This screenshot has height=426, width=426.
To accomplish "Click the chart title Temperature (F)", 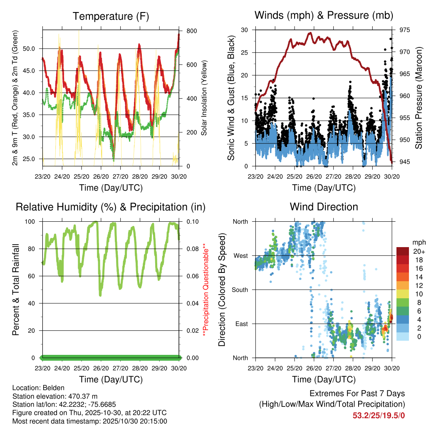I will coord(111,17).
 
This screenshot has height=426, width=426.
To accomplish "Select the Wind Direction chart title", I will coord(324,207).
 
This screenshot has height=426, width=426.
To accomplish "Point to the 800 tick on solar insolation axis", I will coord(191,31).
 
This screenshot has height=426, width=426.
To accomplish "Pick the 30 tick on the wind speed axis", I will coord(244,30).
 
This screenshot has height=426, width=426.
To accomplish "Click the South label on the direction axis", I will coord(240,290).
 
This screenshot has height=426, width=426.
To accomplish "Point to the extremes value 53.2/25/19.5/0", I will coord(379,415).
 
